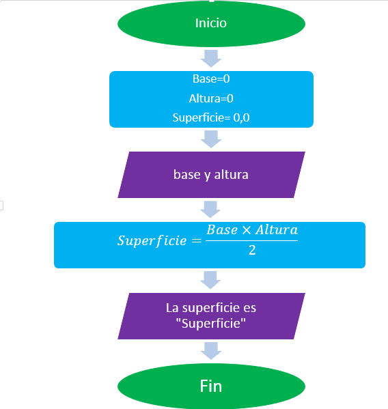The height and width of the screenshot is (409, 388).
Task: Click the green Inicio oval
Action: pos(211,23)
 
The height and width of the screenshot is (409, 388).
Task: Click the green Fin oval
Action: pos(211,386)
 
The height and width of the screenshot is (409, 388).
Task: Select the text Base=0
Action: pos(211,79)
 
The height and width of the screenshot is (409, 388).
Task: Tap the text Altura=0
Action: pos(211,98)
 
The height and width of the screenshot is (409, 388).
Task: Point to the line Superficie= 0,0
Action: pos(211,117)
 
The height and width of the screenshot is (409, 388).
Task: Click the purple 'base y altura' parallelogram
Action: pos(211,175)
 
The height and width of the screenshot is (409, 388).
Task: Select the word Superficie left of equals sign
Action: pos(151,240)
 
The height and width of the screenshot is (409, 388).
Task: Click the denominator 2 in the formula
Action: pos(252,251)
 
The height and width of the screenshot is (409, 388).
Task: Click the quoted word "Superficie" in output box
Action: pos(211,323)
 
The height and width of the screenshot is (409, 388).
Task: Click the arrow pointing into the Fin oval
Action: pos(211,351)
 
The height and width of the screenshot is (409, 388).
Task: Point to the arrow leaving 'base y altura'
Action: pos(211,209)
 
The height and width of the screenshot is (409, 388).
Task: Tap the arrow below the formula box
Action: pos(211,279)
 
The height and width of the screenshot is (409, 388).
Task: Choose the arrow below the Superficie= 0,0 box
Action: pos(211,139)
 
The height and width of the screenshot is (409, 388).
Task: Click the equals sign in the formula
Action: pos(195,240)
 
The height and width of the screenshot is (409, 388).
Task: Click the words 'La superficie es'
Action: pos(211,308)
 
